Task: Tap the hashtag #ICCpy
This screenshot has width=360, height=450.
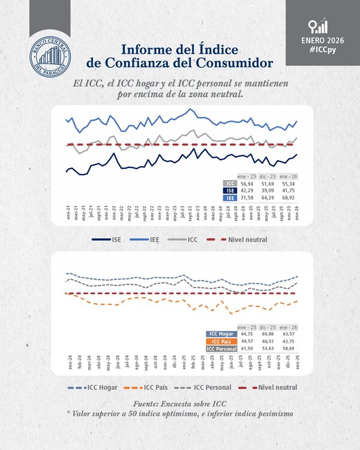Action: (x=323, y=52)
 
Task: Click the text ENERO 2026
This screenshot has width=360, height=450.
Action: (x=323, y=41)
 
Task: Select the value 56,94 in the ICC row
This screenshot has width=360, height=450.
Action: (x=245, y=183)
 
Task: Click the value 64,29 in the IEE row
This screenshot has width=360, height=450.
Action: (x=268, y=197)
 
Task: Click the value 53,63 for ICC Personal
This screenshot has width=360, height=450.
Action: (x=268, y=348)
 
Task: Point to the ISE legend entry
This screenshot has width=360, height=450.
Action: (x=109, y=239)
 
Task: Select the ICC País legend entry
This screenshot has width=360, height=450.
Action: (x=155, y=387)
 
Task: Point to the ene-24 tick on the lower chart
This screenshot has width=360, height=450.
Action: (x=69, y=361)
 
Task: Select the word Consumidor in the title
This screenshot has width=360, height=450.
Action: (x=236, y=62)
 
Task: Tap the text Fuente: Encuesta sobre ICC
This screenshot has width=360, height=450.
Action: (x=179, y=404)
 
